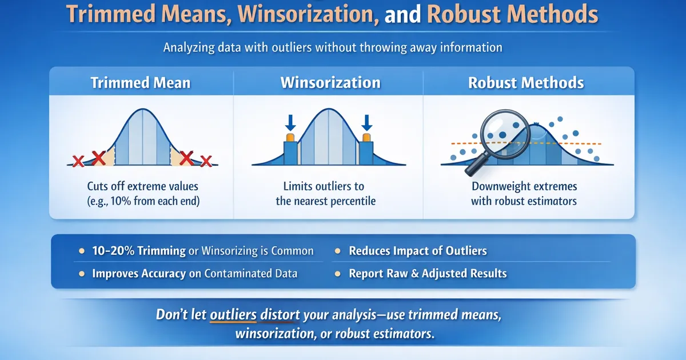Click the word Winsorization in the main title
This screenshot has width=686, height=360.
[x=308, y=14]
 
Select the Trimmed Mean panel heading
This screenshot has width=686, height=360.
[x=141, y=83]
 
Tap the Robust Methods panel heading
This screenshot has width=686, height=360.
[x=526, y=83]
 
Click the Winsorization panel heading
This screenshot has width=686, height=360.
[x=330, y=83]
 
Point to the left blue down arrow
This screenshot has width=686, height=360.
[x=290, y=123]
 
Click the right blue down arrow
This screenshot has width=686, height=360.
[x=366, y=123]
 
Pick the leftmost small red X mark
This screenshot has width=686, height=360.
[x=78, y=161]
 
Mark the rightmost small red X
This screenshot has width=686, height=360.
[x=206, y=161]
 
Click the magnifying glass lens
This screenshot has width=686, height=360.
[x=505, y=134]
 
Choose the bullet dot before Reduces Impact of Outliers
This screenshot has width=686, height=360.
[x=337, y=251]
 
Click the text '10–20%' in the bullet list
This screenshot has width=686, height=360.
[x=113, y=251]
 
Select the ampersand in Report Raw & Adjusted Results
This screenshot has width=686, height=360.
[x=414, y=273]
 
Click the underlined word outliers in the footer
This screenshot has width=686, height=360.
[x=233, y=315]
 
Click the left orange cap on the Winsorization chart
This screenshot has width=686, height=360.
[x=290, y=137]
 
